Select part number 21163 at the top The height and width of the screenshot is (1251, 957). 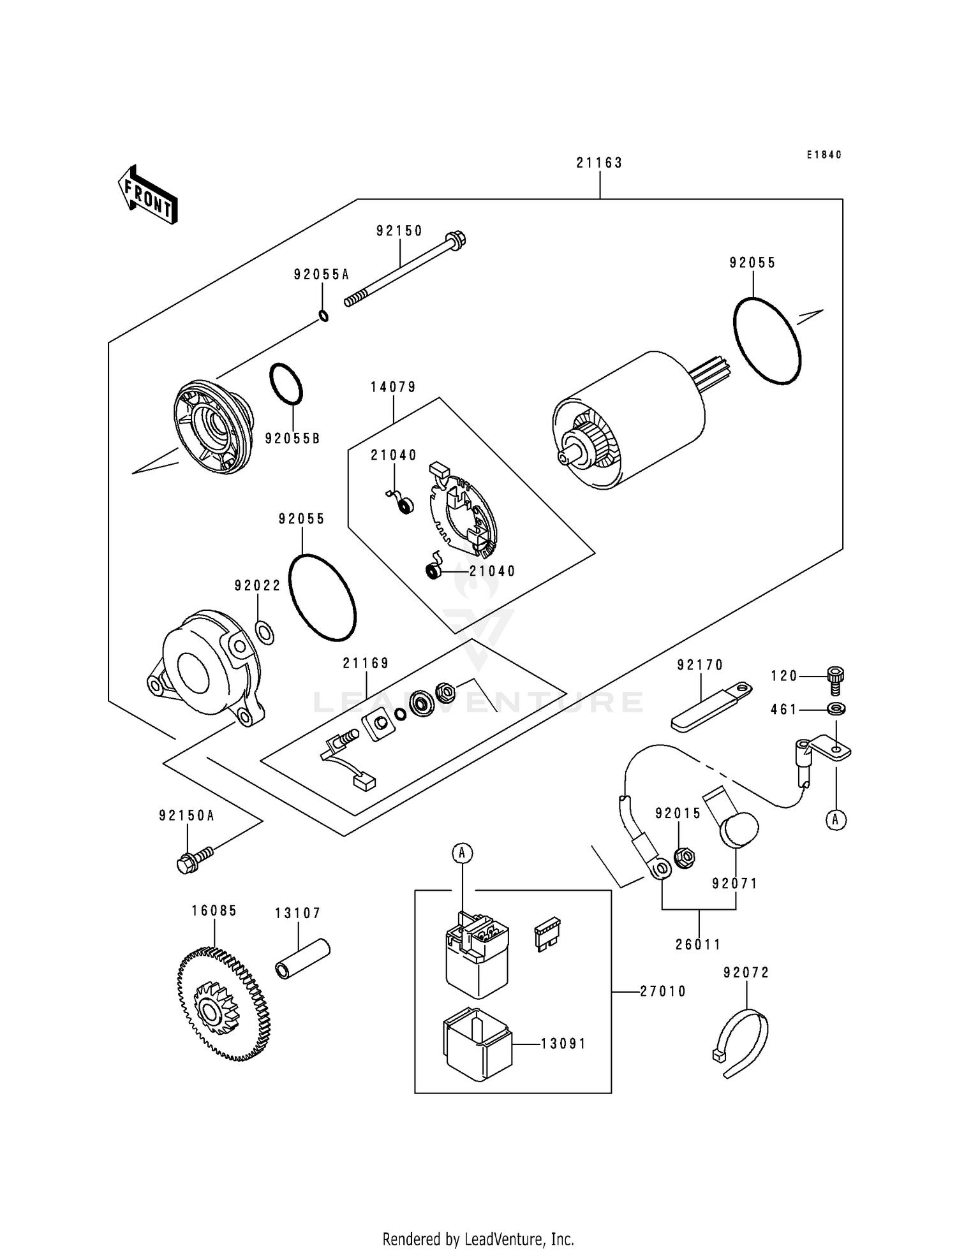[x=599, y=163]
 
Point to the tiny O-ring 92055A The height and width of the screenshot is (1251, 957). [x=323, y=315]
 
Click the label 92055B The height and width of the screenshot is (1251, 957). [x=292, y=439]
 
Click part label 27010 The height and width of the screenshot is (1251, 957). [x=664, y=991]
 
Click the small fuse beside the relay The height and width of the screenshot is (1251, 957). [x=547, y=935]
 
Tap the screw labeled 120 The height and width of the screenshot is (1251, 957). [x=835, y=680]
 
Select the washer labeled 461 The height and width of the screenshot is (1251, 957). [x=835, y=708]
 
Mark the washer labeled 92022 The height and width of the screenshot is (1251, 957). [x=265, y=631]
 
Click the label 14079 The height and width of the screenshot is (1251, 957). [x=393, y=387]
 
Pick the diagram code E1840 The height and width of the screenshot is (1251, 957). [x=824, y=155]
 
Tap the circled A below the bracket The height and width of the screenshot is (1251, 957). [x=836, y=820]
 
